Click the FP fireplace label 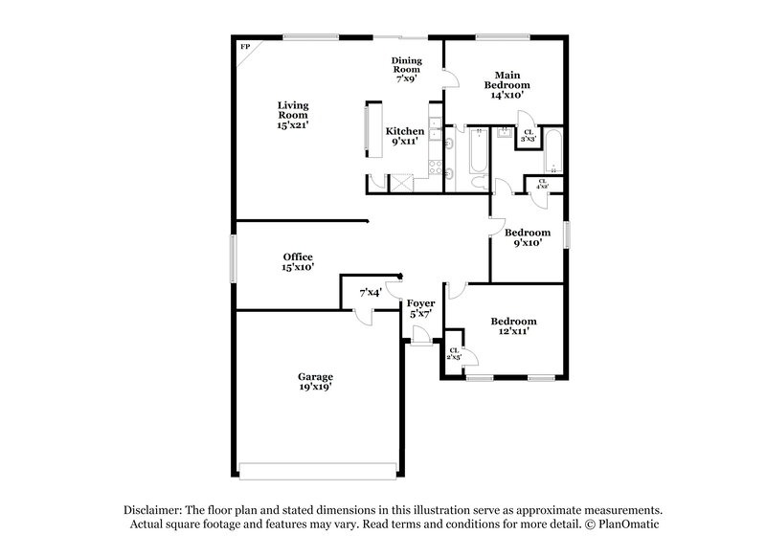click(245, 46)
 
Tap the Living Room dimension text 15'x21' click(293, 125)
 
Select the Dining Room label click(406, 64)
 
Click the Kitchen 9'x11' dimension click(404, 142)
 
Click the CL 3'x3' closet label click(528, 136)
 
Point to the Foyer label click(421, 303)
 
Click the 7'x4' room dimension click(370, 293)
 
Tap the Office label click(298, 256)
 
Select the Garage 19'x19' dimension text click(315, 389)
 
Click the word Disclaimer click(155, 510)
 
